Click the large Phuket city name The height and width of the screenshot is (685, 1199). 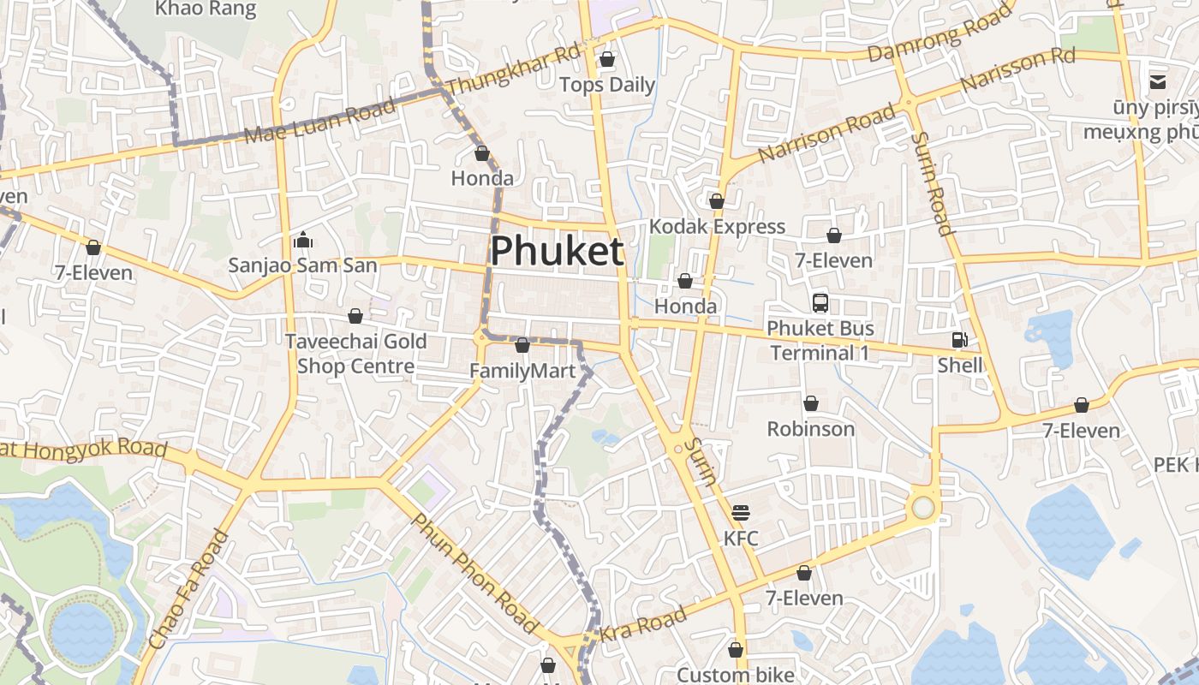(x=557, y=251)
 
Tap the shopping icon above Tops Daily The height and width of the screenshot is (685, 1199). (x=607, y=59)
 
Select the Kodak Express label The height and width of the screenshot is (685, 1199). (x=717, y=226)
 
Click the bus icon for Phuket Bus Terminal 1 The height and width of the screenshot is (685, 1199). (x=820, y=302)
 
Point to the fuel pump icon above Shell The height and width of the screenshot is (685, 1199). (x=959, y=340)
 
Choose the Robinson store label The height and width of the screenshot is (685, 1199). (x=810, y=428)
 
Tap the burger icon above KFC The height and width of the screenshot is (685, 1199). (x=741, y=513)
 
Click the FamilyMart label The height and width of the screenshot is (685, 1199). (x=522, y=371)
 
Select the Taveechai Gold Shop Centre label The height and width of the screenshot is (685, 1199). (x=355, y=354)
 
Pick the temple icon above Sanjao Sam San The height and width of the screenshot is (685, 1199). (x=302, y=241)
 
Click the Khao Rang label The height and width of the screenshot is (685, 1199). (x=206, y=9)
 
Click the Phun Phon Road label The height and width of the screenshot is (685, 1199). (x=474, y=573)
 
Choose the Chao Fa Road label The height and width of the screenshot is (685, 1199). (x=188, y=589)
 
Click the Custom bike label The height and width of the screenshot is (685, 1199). (x=736, y=675)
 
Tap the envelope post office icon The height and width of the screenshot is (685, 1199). (x=1158, y=82)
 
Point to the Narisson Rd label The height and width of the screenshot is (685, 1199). (x=1017, y=70)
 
